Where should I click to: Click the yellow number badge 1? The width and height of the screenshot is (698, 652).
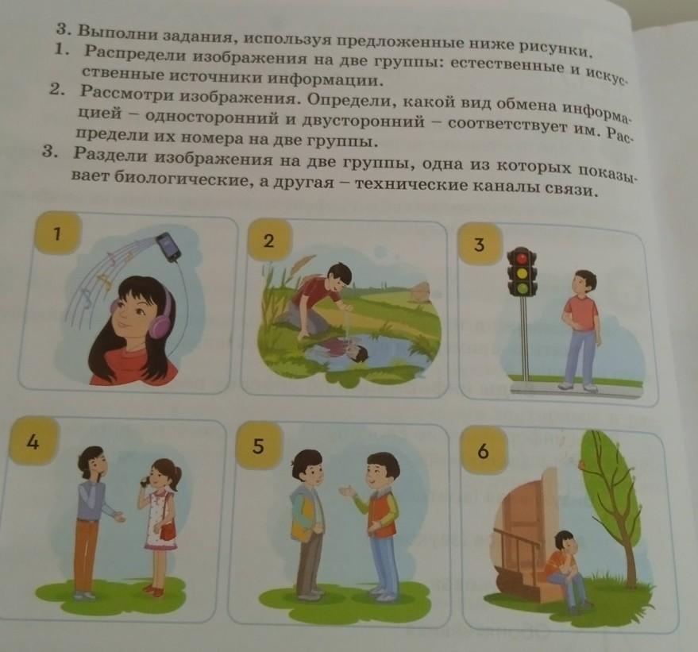click(58, 233)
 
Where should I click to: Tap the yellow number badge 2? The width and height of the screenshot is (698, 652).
click(269, 241)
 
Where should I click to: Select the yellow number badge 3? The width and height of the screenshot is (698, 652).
click(479, 245)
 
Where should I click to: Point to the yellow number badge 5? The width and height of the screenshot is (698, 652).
click(259, 446)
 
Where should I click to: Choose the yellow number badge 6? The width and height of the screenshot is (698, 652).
click(484, 450)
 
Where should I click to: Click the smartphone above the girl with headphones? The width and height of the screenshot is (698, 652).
click(168, 246)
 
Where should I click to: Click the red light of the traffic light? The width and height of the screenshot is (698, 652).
click(523, 258)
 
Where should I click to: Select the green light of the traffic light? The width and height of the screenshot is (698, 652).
click(523, 289)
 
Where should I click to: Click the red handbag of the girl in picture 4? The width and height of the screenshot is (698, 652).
click(168, 531)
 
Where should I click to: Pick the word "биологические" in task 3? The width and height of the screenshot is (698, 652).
click(183, 179)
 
